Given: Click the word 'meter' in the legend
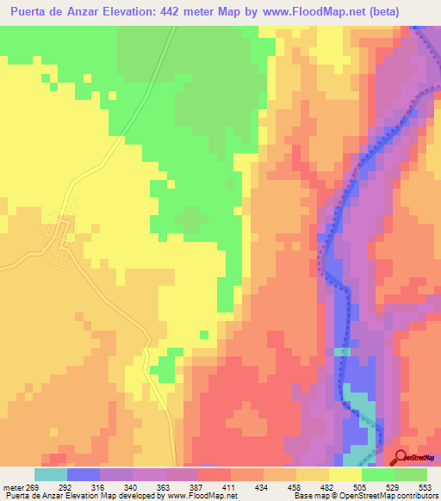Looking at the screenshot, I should point(13,486).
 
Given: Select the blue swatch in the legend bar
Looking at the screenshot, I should point(84,474).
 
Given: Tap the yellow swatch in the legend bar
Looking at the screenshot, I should point(345,474).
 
